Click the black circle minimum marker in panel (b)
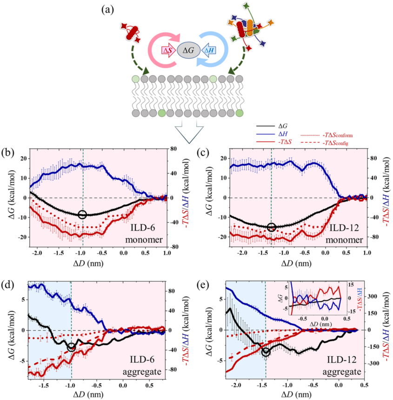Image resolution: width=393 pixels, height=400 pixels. click(82, 214)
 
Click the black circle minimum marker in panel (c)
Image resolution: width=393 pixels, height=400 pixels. click(272, 227)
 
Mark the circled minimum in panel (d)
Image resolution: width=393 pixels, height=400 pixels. click(71, 347)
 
